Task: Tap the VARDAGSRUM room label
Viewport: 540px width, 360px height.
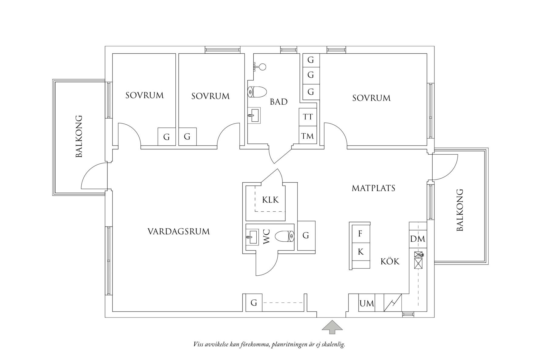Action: click(178, 232)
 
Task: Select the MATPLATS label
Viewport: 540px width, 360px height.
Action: click(373, 188)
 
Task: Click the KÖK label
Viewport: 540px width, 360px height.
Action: click(390, 261)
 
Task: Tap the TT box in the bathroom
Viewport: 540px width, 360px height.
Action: click(308, 117)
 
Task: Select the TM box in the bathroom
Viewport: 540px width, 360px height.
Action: click(308, 136)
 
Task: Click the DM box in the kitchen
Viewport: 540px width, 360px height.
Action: click(417, 239)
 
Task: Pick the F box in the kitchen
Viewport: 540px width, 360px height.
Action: click(360, 234)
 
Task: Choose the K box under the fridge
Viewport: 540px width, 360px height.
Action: click(360, 252)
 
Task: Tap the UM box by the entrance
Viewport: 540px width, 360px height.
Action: click(366, 303)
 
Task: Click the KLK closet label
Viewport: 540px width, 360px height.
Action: click(270, 200)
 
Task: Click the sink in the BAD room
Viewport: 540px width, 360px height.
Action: click(254, 115)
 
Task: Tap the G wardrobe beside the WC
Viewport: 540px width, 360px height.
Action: click(306, 235)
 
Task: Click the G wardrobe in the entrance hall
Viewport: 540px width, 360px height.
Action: click(254, 303)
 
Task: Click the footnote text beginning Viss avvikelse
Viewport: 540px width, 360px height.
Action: click(269, 345)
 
